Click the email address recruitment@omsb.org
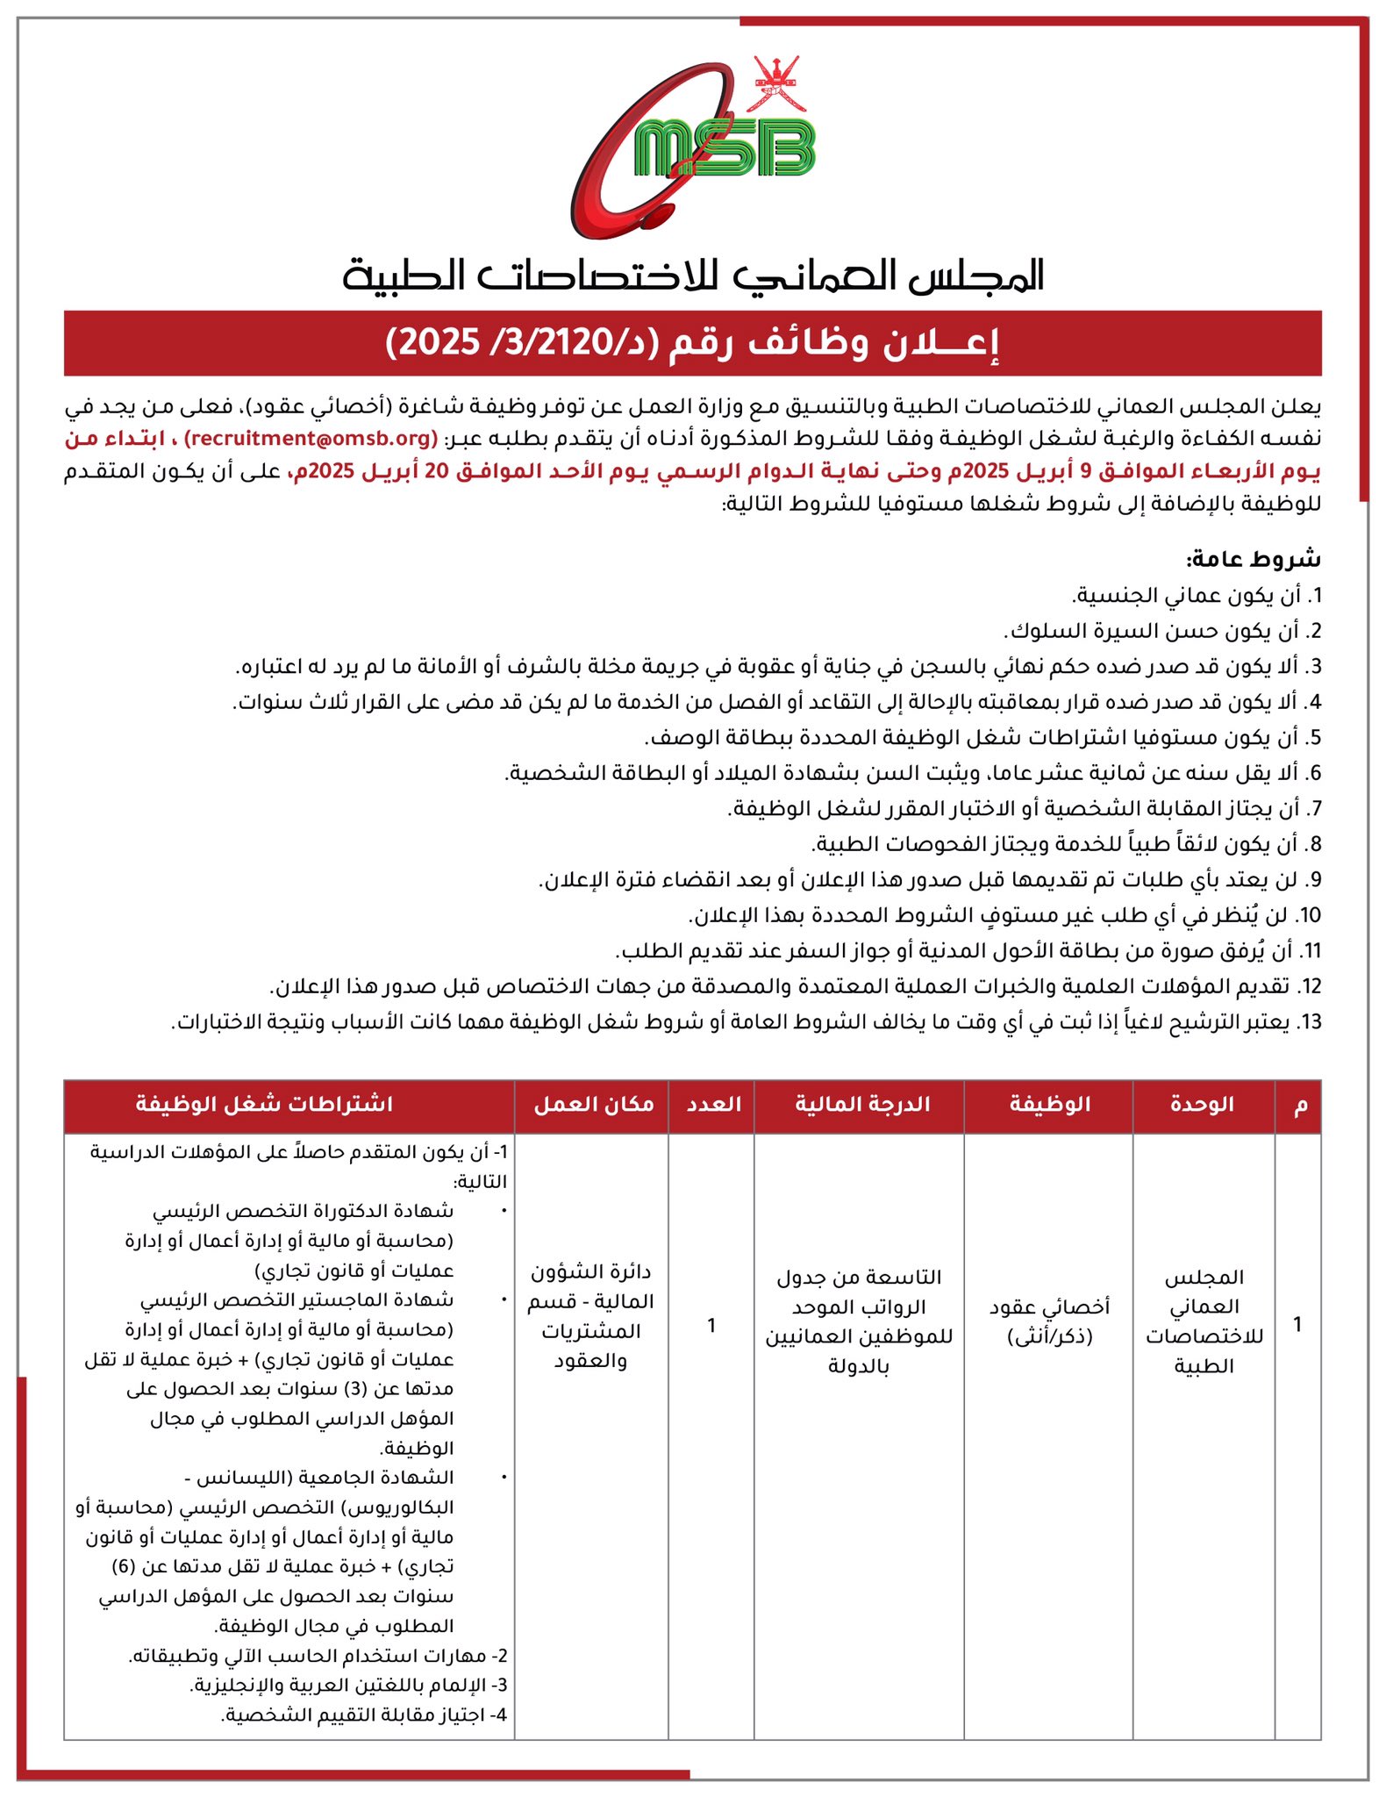click(311, 438)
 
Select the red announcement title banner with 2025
click(693, 343)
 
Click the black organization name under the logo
click(693, 276)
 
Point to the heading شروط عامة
click(1254, 558)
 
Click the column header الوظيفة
click(1049, 1104)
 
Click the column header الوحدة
click(1203, 1104)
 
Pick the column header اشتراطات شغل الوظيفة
click(264, 1104)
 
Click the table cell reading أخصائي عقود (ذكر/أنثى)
click(1049, 1321)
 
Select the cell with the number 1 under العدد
click(711, 1325)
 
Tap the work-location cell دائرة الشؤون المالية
click(590, 1315)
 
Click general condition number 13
click(746, 1022)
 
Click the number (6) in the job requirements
click(125, 1566)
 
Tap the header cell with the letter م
click(1300, 1104)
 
